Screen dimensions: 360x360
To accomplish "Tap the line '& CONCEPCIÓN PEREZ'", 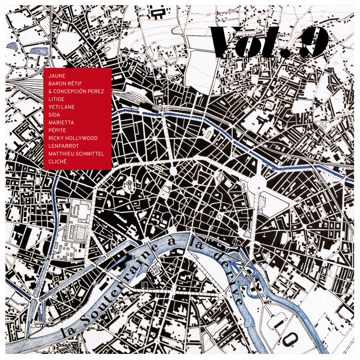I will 76,91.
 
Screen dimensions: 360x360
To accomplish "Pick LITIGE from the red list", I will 56,99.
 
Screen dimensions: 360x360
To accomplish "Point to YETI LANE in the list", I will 61,107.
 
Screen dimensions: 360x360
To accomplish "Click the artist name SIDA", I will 54,115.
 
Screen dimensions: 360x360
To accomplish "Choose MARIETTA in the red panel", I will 61,122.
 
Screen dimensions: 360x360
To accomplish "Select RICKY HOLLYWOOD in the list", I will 73,138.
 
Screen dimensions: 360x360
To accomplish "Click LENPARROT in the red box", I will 64,146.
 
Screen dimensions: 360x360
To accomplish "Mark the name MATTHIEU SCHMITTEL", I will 76,153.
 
